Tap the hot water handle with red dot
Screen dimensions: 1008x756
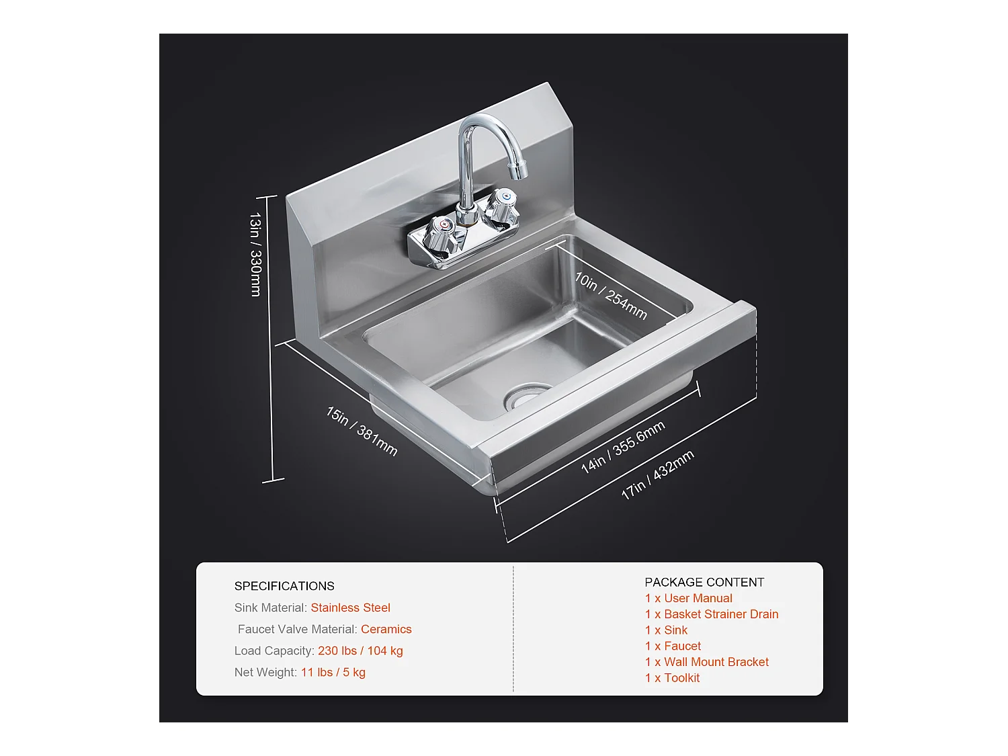tap(439, 235)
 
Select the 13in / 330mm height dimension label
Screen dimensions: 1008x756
tap(255, 254)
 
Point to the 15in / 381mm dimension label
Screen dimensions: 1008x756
tap(362, 431)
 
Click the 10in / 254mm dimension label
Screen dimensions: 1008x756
tap(610, 296)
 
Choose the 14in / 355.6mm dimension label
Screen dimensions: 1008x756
tap(623, 447)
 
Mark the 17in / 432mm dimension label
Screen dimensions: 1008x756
tap(657, 474)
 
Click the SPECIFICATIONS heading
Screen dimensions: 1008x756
tap(284, 586)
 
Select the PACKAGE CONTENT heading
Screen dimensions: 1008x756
tap(704, 582)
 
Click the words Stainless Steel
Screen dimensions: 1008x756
tap(350, 607)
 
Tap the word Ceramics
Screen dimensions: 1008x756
tap(386, 629)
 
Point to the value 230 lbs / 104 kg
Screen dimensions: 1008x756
tap(360, 650)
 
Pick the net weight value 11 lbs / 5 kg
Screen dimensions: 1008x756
tap(333, 672)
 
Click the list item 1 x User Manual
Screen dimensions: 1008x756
tap(688, 598)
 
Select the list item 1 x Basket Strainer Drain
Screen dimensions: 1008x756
tap(712, 614)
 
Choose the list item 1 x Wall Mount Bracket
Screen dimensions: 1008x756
tap(706, 662)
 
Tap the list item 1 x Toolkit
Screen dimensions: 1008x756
tap(672, 678)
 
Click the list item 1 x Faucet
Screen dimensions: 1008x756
tap(673, 646)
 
